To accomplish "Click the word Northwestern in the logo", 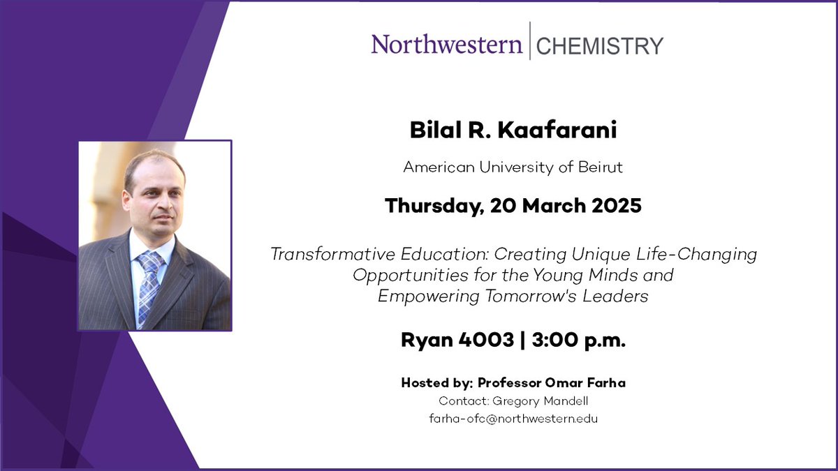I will [x=446, y=45].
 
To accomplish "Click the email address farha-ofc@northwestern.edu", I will [x=513, y=419].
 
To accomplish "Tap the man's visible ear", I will [x=125, y=203].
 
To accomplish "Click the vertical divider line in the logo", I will [x=529, y=41].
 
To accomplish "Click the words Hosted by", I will [x=436, y=383].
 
